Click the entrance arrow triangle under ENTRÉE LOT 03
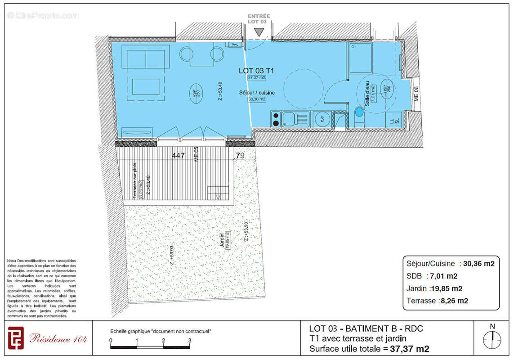pyautogui.click(x=258, y=32)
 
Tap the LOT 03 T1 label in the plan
pyautogui.click(x=256, y=71)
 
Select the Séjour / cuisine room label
pyautogui.click(x=257, y=93)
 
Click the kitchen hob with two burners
pyautogui.click(x=275, y=119)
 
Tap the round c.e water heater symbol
pyautogui.click(x=322, y=119)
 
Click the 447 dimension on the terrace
pyautogui.click(x=179, y=156)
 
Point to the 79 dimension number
pyautogui.click(x=240, y=156)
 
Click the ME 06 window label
pyautogui.click(x=416, y=94)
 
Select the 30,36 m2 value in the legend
pyautogui.click(x=478, y=264)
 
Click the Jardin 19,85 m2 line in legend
pyautogui.click(x=434, y=288)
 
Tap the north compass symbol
pyautogui.click(x=492, y=337)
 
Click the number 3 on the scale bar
pyautogui.click(x=189, y=340)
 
